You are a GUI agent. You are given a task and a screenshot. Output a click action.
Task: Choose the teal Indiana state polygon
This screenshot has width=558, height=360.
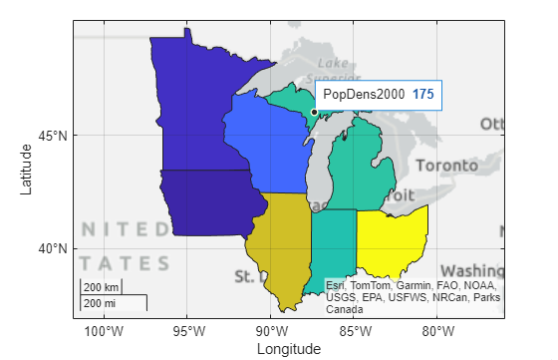point(333,244)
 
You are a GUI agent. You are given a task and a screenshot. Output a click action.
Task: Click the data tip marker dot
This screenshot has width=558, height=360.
point(314,112)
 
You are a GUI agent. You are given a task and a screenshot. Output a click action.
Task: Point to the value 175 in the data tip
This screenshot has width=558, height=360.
point(423,95)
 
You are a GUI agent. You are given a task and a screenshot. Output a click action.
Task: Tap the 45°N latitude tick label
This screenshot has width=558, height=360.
point(55,136)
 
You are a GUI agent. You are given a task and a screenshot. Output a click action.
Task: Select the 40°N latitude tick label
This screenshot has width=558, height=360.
point(55,248)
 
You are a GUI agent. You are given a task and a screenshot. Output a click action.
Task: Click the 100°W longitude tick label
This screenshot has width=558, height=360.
point(105,331)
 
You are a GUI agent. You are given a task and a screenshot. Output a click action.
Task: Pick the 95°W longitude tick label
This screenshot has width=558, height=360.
point(188,331)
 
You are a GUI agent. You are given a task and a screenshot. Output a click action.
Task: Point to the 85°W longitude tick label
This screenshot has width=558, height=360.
point(355,331)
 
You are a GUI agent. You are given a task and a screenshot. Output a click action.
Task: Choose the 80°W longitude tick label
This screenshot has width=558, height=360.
point(438,331)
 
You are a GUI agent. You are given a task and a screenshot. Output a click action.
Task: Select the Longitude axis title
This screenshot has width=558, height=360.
point(289,349)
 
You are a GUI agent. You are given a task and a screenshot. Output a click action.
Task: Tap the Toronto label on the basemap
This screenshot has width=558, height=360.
point(447,165)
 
